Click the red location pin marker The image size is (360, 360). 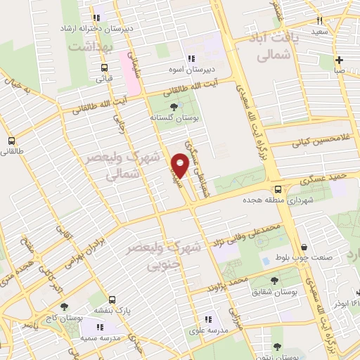(x=181, y=167)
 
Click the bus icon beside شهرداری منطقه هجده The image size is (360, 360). (x=278, y=189)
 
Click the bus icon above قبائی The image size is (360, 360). (x=105, y=69)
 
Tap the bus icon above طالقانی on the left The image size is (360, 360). (x=11, y=140)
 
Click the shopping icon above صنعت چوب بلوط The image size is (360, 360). (x=304, y=247)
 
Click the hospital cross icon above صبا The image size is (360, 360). (x=340, y=60)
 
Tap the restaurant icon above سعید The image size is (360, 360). (x=320, y=21)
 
